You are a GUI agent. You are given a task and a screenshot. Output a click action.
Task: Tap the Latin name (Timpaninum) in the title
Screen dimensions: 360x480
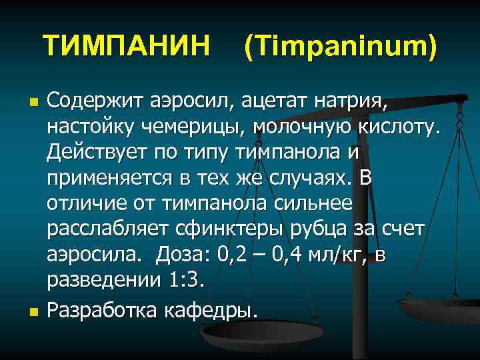coord(340,47)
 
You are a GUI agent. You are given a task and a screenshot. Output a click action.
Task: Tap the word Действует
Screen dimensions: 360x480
coord(97,152)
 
